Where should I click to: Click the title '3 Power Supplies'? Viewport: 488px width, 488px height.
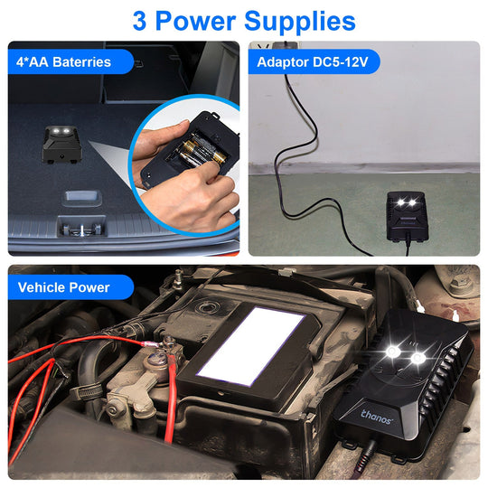pyautogui.click(x=244, y=20)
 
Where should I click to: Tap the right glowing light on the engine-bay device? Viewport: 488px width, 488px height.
pyautogui.click(x=418, y=360)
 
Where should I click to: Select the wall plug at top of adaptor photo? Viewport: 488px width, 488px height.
pyautogui.click(x=287, y=47)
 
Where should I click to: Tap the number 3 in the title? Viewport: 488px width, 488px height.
pyautogui.click(x=140, y=20)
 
